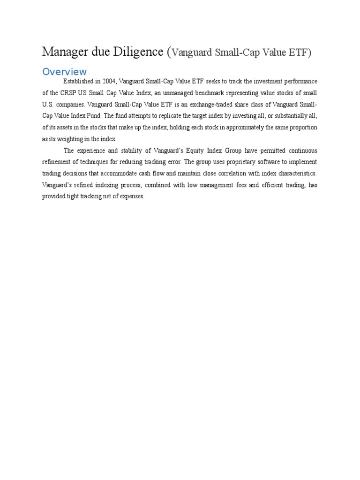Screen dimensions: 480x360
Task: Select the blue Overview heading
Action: tap(64, 72)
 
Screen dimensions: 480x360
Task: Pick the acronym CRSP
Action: tap(60, 93)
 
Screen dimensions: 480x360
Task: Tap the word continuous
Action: tap(300, 150)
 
